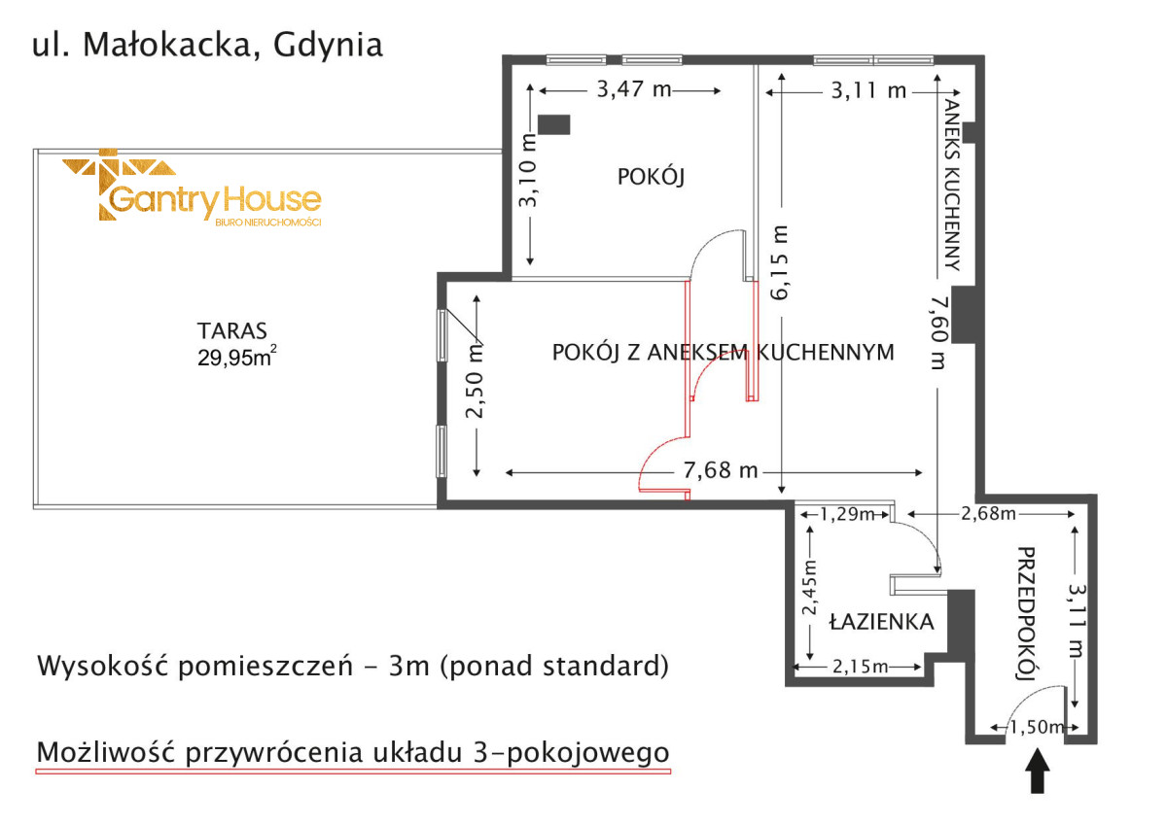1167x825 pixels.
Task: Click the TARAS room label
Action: coord(231,331)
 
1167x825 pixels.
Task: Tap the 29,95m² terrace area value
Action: coord(237,357)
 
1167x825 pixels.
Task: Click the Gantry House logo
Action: coord(192,188)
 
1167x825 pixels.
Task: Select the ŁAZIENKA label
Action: coord(881,622)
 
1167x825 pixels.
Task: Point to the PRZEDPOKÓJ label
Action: coord(1026,613)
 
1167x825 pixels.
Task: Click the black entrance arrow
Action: coord(1038,771)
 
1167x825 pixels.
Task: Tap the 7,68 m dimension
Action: coord(721,470)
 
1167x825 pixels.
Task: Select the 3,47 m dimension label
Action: coord(634,89)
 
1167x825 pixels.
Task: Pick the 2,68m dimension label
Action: coord(988,514)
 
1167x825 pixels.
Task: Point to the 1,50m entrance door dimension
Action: coord(1037,727)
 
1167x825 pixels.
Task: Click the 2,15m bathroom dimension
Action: coord(860,667)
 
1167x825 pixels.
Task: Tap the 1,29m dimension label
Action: coord(847,514)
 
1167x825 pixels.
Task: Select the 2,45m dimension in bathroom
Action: coord(810,587)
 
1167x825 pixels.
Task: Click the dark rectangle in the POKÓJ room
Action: coord(553,125)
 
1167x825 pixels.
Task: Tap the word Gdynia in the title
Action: coord(329,45)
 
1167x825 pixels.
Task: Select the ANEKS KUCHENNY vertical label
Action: coord(951,185)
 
